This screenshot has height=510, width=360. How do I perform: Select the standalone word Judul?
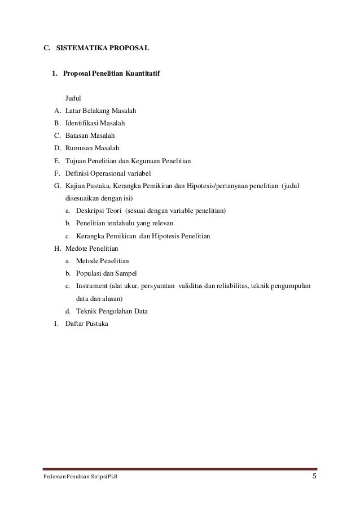click(73, 98)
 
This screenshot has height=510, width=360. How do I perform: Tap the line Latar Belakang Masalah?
click(100, 111)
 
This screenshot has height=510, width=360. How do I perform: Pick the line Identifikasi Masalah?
click(95, 123)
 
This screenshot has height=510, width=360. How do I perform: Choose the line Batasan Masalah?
click(90, 136)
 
